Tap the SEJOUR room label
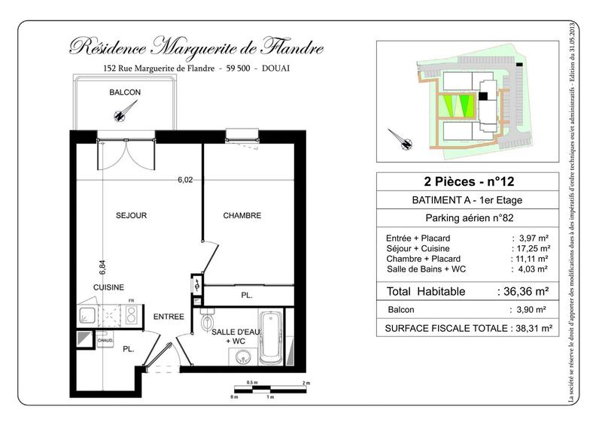[131, 216]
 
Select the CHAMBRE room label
[242, 216]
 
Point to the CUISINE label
[108, 287]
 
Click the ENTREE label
[169, 317]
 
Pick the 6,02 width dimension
[185, 180]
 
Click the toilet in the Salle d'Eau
[208, 323]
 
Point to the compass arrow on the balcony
[120, 111]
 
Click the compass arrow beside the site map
[400, 139]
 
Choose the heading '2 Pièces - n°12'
[467, 181]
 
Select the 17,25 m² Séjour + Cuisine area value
[530, 248]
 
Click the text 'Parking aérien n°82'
[467, 219]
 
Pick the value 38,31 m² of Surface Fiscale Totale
[530, 328]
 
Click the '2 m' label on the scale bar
[306, 383]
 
